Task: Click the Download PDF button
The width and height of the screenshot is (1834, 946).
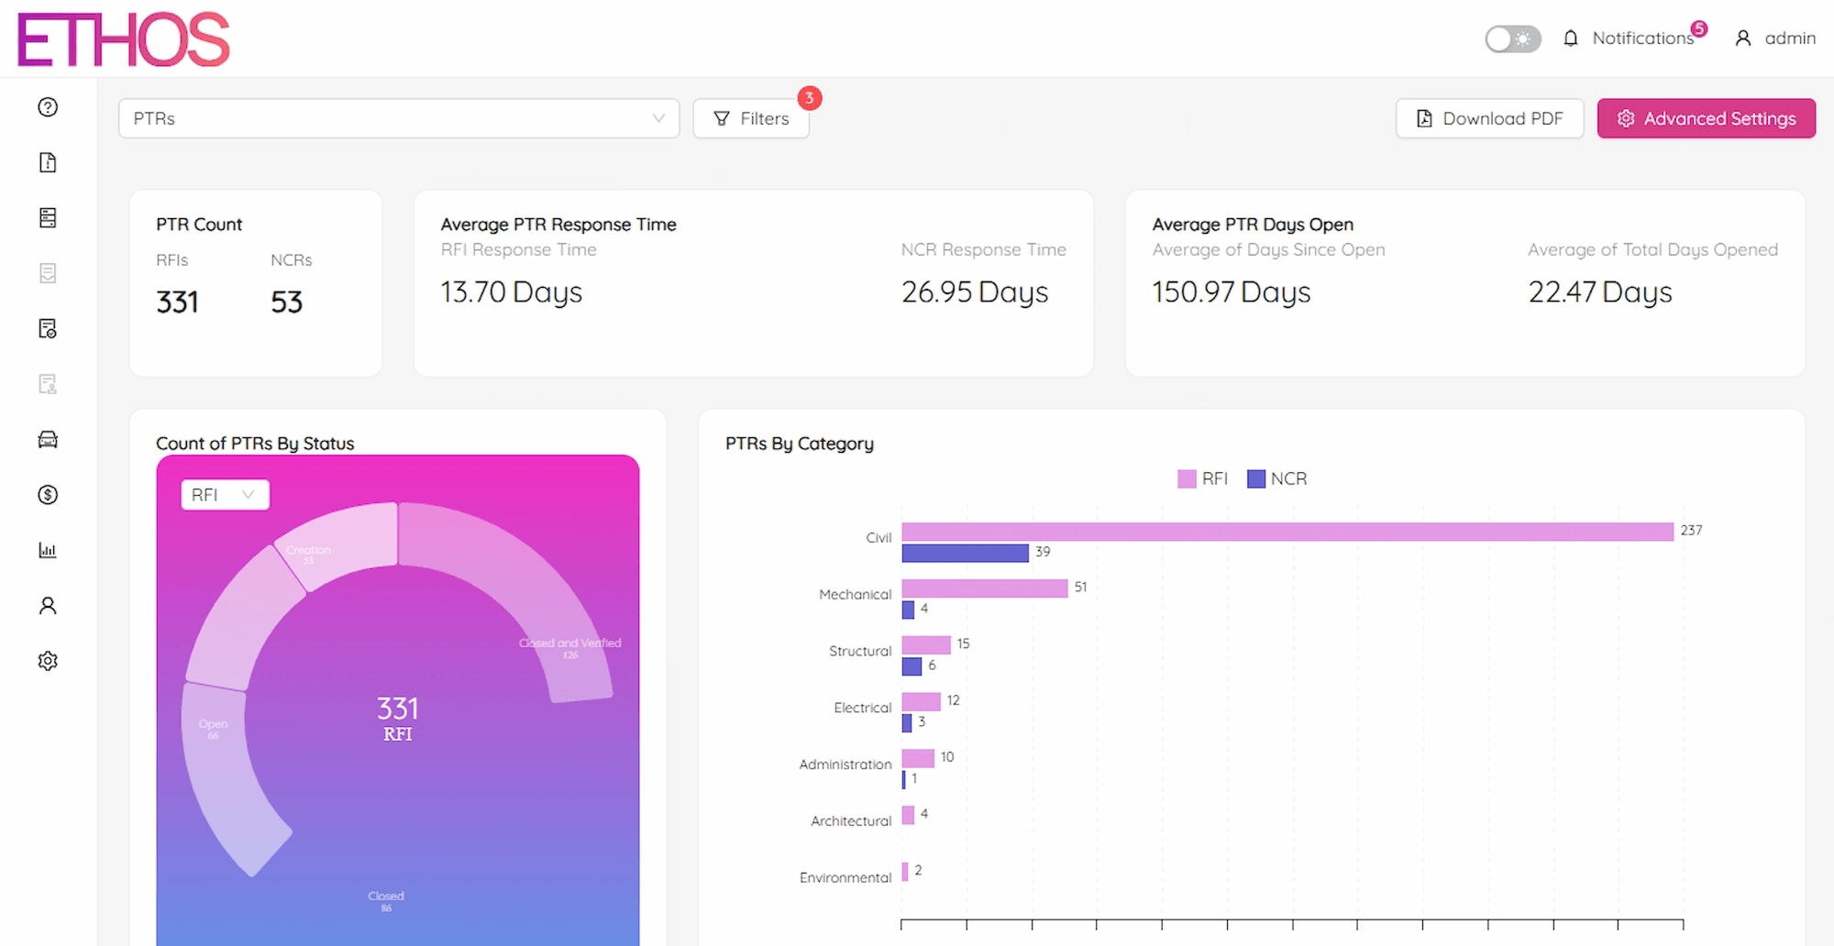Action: point(1489,118)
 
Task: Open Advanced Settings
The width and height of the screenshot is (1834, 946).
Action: point(1706,118)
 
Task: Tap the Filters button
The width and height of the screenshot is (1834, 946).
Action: point(751,118)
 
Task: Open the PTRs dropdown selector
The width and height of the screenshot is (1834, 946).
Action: point(399,118)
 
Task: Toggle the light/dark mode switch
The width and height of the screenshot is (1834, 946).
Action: point(1513,38)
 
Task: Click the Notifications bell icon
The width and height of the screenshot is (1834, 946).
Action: point(1571,38)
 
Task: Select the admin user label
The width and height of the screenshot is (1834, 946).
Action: point(1789,38)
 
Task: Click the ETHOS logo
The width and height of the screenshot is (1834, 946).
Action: point(124,39)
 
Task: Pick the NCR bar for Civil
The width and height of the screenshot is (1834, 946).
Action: point(965,553)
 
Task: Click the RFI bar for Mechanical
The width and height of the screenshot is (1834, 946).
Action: point(984,588)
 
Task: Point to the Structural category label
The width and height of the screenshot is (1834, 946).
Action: point(859,651)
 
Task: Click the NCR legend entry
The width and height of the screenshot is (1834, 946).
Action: point(1277,478)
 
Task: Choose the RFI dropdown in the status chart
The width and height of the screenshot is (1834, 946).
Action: point(225,495)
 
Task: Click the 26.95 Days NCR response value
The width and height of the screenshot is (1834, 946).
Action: point(974,292)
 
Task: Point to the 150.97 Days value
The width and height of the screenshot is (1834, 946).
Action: point(1231,292)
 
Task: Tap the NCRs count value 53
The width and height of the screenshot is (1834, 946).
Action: point(286,302)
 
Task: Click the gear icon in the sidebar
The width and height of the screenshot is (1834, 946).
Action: point(48,661)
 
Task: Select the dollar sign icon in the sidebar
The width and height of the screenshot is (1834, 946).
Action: point(48,495)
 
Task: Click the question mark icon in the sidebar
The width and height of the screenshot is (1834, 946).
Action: point(48,107)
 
